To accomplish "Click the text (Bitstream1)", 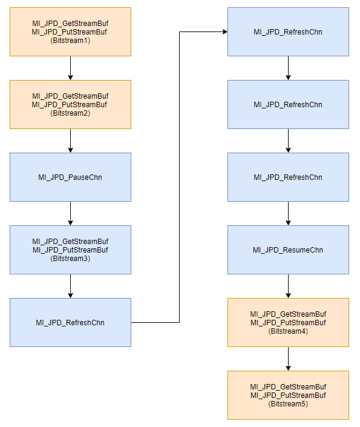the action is pos(70,41).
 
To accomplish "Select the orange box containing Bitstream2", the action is pos(70,105).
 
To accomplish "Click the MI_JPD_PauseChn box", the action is pos(70,177).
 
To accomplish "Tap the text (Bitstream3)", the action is pos(70,259).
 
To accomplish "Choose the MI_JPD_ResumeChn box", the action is pos(288,250).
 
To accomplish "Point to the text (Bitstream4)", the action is pos(288,331).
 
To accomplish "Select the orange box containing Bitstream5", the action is pos(288,395).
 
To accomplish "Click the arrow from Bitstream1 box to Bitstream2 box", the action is pos(70,68).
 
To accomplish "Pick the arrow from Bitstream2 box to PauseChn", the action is pos(70,141).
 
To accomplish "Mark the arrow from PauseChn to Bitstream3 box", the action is pos(70,213).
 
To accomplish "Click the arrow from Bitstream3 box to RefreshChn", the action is pos(70,286).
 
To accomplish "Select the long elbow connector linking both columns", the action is pos(179,177).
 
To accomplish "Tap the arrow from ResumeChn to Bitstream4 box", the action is pos(288,286).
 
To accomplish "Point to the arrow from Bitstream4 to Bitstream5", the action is pos(288,359).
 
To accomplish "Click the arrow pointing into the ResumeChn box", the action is pos(288,213).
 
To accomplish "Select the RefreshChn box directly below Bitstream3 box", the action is pos(70,322).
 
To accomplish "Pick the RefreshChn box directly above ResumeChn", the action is pos(288,177).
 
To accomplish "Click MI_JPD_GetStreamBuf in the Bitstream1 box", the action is pos(70,24).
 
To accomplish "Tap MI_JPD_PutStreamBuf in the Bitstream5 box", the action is pos(288,395).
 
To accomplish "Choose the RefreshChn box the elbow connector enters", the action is pos(288,32).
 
